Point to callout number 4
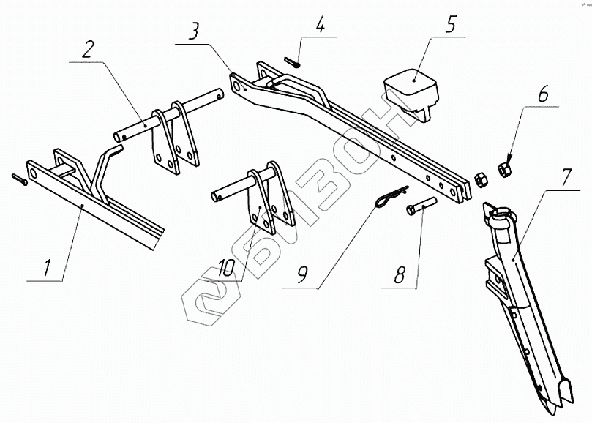pos(320,29)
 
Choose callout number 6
pos(542,97)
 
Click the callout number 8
pos(400,276)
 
